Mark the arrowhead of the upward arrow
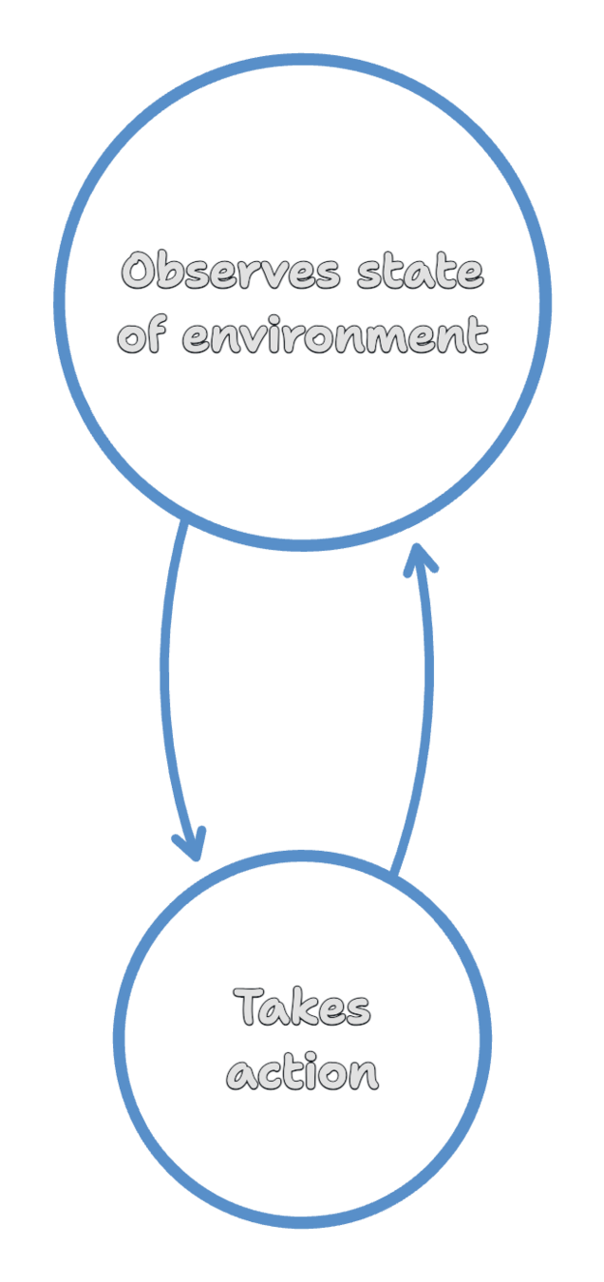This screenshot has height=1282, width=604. [418, 560]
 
